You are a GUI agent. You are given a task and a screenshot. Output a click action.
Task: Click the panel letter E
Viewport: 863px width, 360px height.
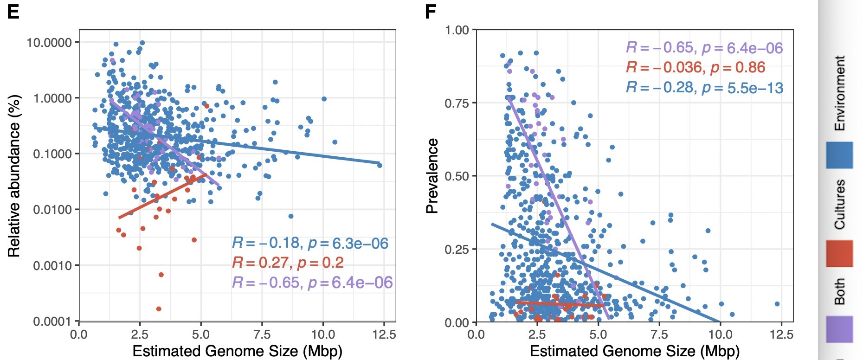tap(13, 11)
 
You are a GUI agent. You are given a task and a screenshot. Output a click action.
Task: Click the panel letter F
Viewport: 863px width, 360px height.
tap(431, 11)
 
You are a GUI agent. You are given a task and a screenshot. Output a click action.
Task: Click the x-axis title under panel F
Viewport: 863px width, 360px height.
tap(635, 351)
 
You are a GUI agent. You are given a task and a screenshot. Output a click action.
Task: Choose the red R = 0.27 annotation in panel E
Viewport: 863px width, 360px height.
tap(288, 263)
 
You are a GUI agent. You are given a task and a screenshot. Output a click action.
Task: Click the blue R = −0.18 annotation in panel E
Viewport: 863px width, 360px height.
tap(310, 243)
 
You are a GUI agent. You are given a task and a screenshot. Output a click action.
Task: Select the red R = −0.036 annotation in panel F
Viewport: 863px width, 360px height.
tap(696, 68)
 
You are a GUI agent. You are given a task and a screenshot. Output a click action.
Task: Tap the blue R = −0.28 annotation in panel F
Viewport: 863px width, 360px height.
tap(704, 87)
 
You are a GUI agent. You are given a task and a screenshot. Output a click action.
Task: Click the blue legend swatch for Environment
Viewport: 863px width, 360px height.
tap(839, 155)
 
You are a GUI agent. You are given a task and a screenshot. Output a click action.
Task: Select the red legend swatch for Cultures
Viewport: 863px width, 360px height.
tap(839, 253)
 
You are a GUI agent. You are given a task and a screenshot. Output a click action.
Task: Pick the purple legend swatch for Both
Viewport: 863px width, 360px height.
tap(839, 329)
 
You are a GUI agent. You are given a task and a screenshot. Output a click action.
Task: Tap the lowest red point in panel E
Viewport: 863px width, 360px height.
tap(159, 309)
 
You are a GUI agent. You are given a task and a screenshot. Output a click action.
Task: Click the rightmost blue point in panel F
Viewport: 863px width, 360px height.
tap(777, 304)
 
